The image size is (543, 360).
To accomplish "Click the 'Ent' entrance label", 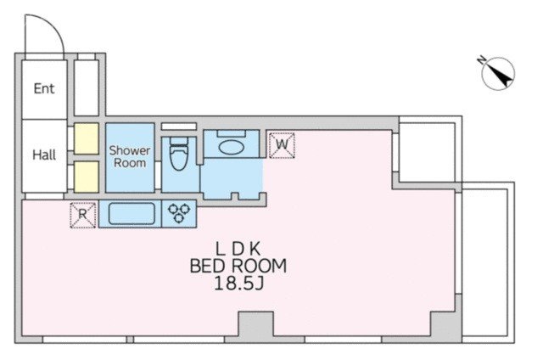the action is (44, 88).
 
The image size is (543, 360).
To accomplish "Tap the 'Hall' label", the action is (44, 155).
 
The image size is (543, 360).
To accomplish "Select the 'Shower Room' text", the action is (130, 156).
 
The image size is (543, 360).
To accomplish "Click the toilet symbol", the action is (179, 153).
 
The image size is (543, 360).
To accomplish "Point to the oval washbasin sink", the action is (232, 147).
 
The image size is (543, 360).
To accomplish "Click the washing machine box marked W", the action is (282, 145).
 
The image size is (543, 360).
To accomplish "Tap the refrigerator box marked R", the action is (83, 215).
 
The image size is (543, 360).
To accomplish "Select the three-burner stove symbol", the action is (179, 213).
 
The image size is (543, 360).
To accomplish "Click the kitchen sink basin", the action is (132, 213).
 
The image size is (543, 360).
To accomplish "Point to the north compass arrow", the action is (499, 74).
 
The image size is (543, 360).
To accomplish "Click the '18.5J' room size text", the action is (239, 284).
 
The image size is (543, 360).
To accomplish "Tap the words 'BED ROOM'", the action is (238, 266).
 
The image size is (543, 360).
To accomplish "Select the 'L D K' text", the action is (238, 249).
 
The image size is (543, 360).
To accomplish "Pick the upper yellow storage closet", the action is (87, 138).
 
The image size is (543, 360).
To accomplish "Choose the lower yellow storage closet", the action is (87, 177).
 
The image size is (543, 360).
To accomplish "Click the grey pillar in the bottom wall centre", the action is (256, 326).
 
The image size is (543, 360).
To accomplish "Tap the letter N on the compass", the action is (481, 60).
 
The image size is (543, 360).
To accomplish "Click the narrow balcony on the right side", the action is (488, 262).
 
